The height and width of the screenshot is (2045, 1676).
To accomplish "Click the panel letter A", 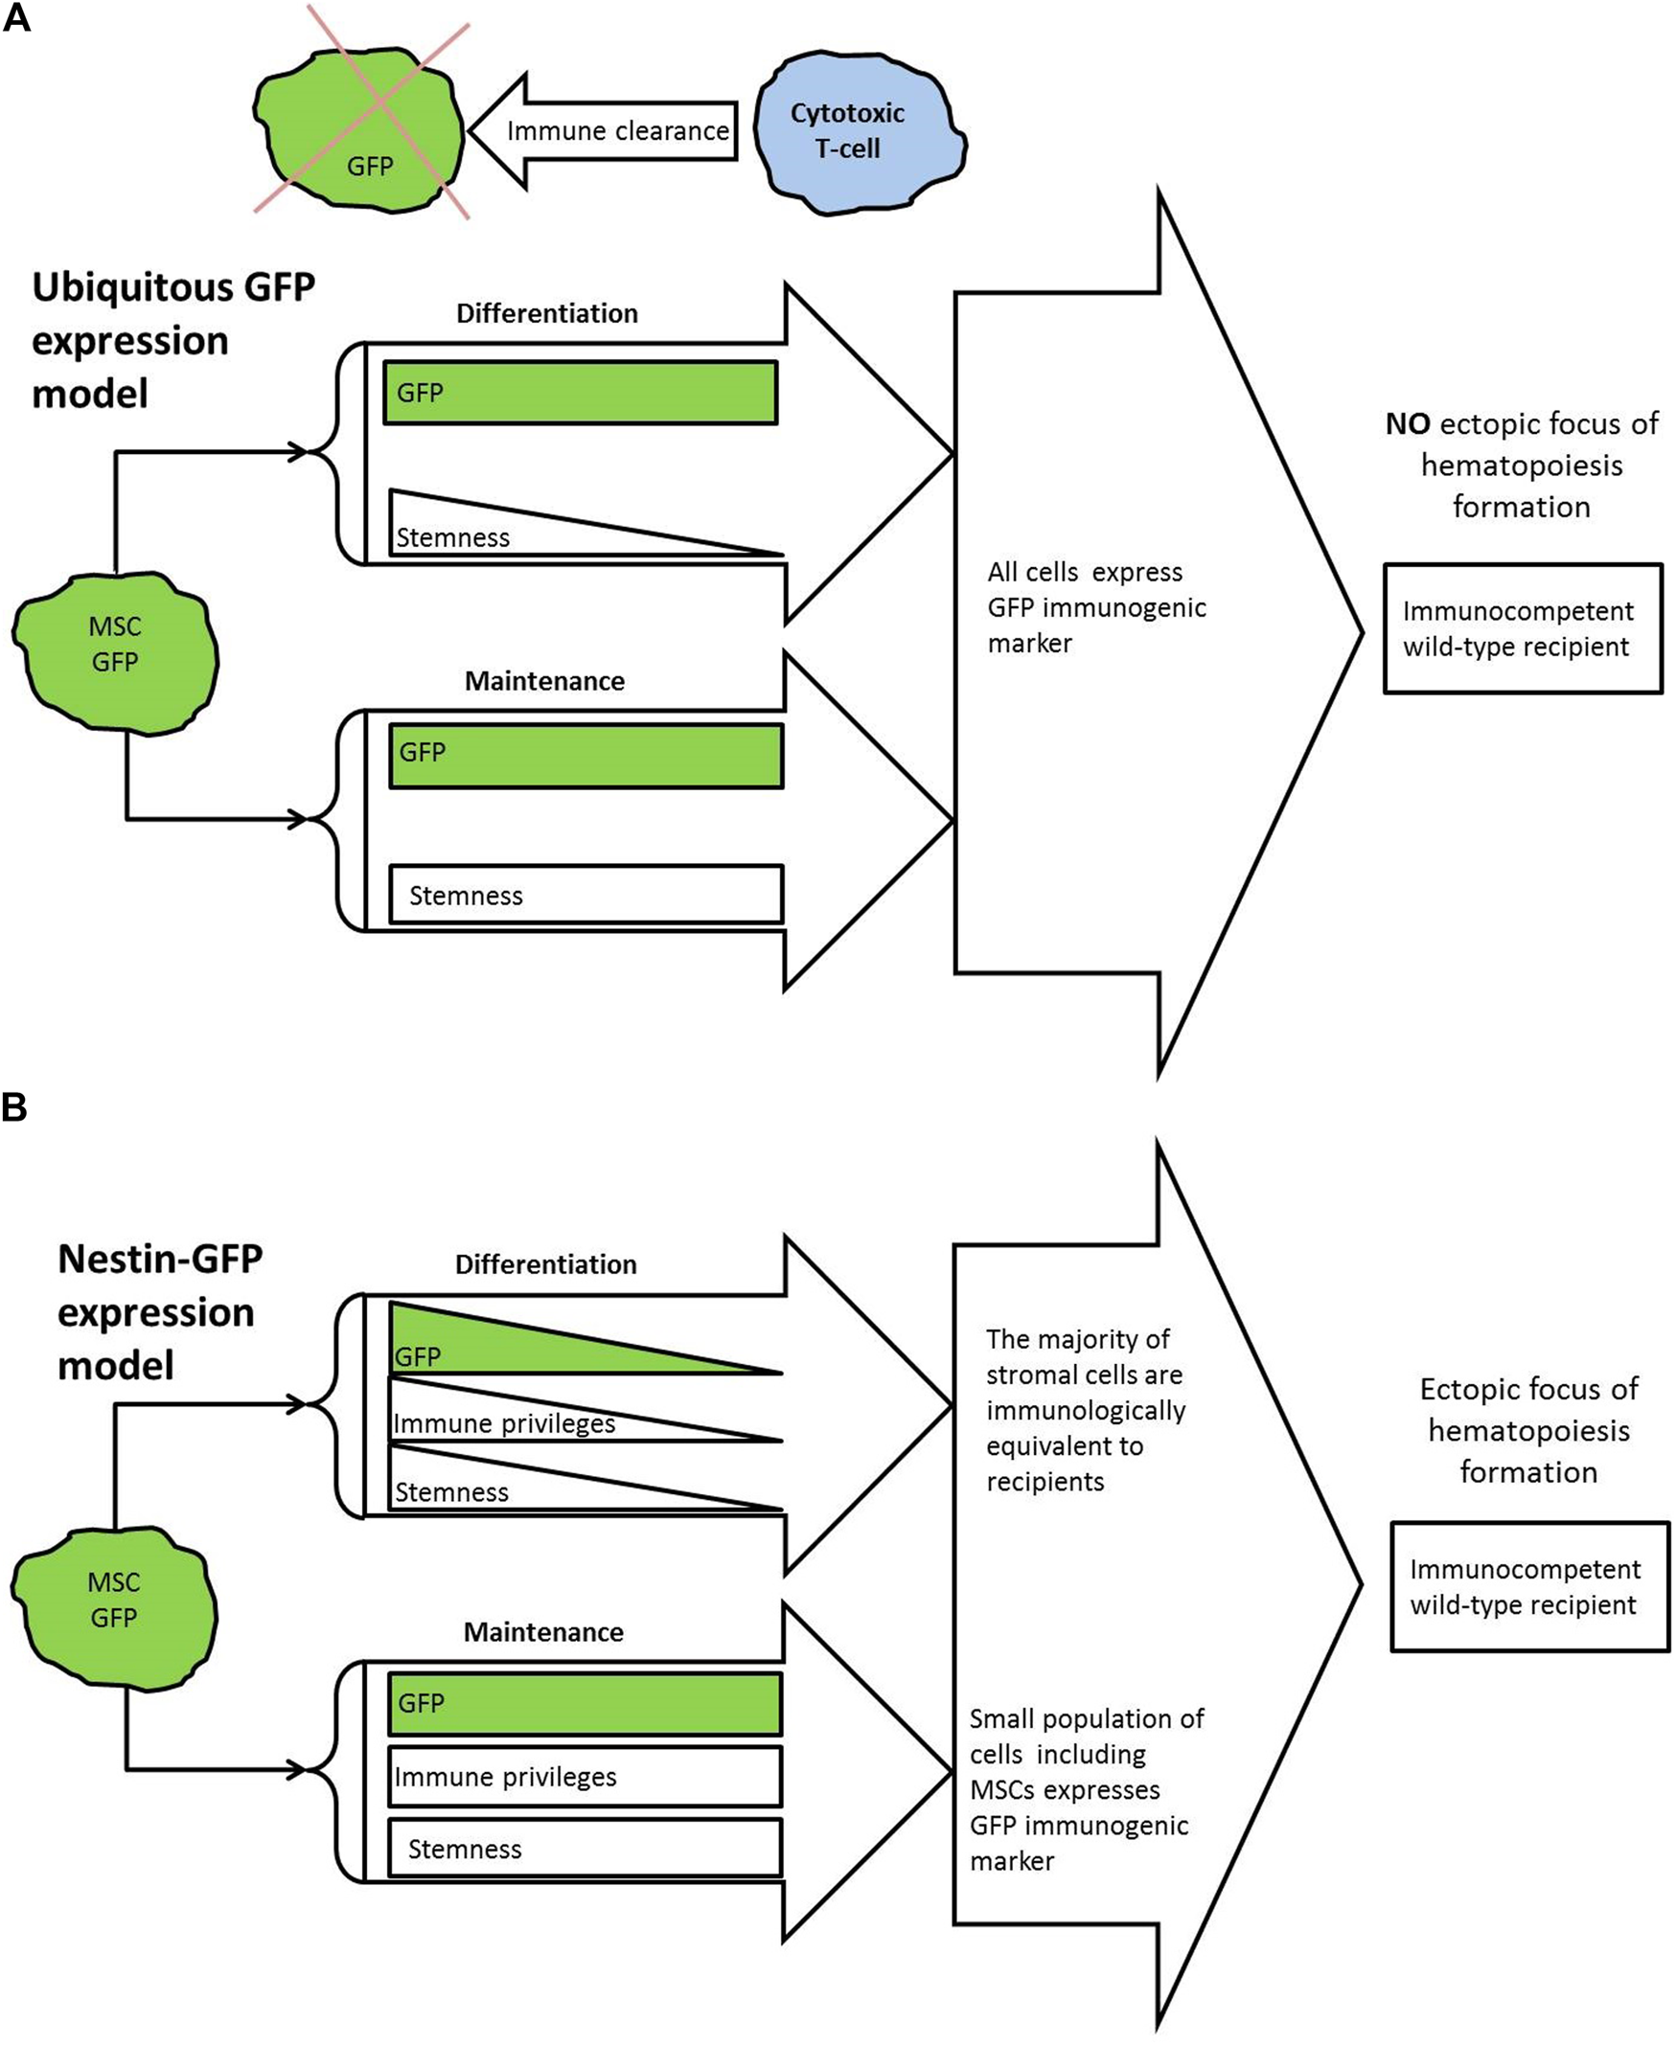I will (x=16, y=18).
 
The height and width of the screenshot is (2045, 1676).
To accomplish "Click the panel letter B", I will (x=14, y=1107).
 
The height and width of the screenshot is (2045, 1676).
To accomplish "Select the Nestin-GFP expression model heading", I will (x=159, y=1311).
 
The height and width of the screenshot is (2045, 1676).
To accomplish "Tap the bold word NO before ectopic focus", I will (x=1407, y=423).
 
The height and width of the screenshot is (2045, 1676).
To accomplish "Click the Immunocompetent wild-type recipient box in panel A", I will (x=1523, y=628).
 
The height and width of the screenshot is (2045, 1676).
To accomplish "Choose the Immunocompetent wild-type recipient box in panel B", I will (x=1529, y=1587).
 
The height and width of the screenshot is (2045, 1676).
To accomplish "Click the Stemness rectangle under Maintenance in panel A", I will (x=585, y=895).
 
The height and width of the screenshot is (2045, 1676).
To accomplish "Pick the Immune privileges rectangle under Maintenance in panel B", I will (x=585, y=1776).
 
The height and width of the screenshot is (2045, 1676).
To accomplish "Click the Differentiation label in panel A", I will (x=546, y=312).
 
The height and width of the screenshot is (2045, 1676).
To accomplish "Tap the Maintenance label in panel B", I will (x=543, y=1632).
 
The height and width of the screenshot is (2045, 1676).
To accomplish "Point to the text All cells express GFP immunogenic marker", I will (x=1095, y=607).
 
